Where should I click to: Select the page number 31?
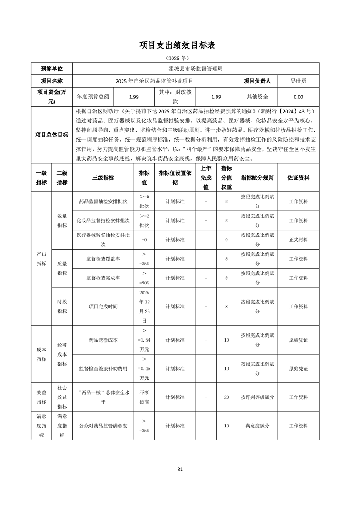point(180,469)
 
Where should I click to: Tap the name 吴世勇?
point(298,81)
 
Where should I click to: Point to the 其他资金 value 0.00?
point(298,97)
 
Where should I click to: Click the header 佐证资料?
point(298,178)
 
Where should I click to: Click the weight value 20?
point(226,397)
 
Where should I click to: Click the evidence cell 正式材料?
point(298,240)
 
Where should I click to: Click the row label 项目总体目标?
point(52,135)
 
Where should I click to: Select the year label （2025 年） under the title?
point(180,58)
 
